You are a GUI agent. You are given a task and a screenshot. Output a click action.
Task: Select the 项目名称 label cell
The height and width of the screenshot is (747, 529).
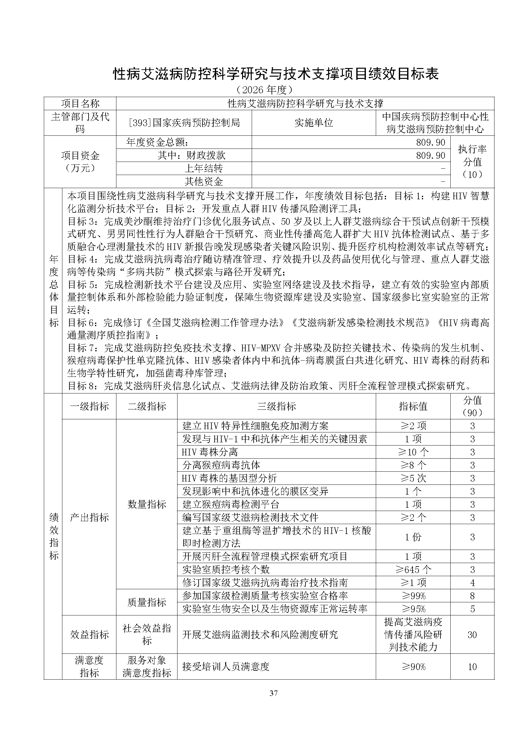tap(80, 103)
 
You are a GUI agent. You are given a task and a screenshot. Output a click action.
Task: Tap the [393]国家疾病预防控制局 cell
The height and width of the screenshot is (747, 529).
tap(184, 123)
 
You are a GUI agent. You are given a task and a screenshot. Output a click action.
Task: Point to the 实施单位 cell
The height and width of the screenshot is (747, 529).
tap(313, 123)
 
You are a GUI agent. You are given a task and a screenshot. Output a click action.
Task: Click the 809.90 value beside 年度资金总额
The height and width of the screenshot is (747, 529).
tap(430, 142)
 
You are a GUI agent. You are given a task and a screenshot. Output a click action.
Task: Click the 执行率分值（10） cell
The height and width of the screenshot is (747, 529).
tap(472, 162)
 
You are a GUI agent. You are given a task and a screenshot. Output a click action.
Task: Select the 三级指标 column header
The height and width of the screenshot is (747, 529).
tap(276, 406)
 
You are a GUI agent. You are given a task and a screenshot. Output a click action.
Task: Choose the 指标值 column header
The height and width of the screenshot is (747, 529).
tap(413, 406)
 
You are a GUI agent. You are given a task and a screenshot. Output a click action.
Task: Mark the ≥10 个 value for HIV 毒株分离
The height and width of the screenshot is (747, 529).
tap(413, 452)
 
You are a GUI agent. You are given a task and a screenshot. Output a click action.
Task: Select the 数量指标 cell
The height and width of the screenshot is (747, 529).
tap(146, 504)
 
